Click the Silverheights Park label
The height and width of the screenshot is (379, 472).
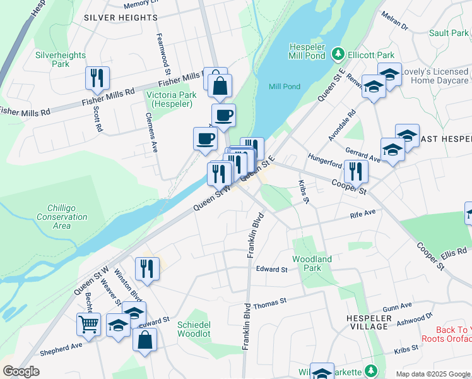point(61,59)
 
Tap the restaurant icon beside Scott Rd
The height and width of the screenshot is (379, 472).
point(97,78)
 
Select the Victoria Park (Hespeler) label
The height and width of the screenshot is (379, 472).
point(171,99)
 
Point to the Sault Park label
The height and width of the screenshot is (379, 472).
point(447,33)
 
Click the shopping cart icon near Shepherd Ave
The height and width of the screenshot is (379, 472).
point(88,325)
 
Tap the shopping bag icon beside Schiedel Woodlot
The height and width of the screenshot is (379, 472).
point(145,339)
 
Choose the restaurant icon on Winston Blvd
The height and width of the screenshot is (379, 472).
point(147,268)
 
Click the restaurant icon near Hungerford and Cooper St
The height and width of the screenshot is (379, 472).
point(356,171)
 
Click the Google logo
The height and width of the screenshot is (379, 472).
point(21,371)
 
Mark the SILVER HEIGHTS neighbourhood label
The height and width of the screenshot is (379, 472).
point(120,18)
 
